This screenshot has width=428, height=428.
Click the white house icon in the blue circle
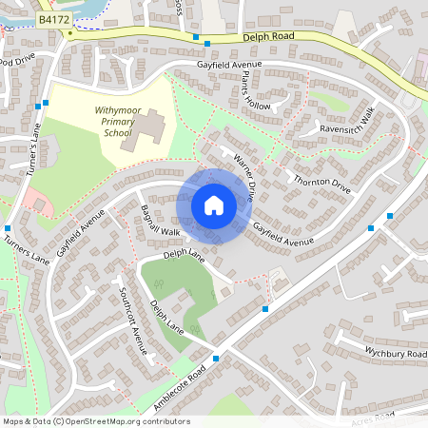pyautogui.click(x=213, y=205)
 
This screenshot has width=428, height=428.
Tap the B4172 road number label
pyautogui.click(x=53, y=19)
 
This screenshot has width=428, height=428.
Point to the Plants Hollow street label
pyautogui.click(x=256, y=90)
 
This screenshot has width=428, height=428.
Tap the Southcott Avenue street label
pyautogui.click(x=134, y=321)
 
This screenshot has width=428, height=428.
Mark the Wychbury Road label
pyautogui.click(x=396, y=353)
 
